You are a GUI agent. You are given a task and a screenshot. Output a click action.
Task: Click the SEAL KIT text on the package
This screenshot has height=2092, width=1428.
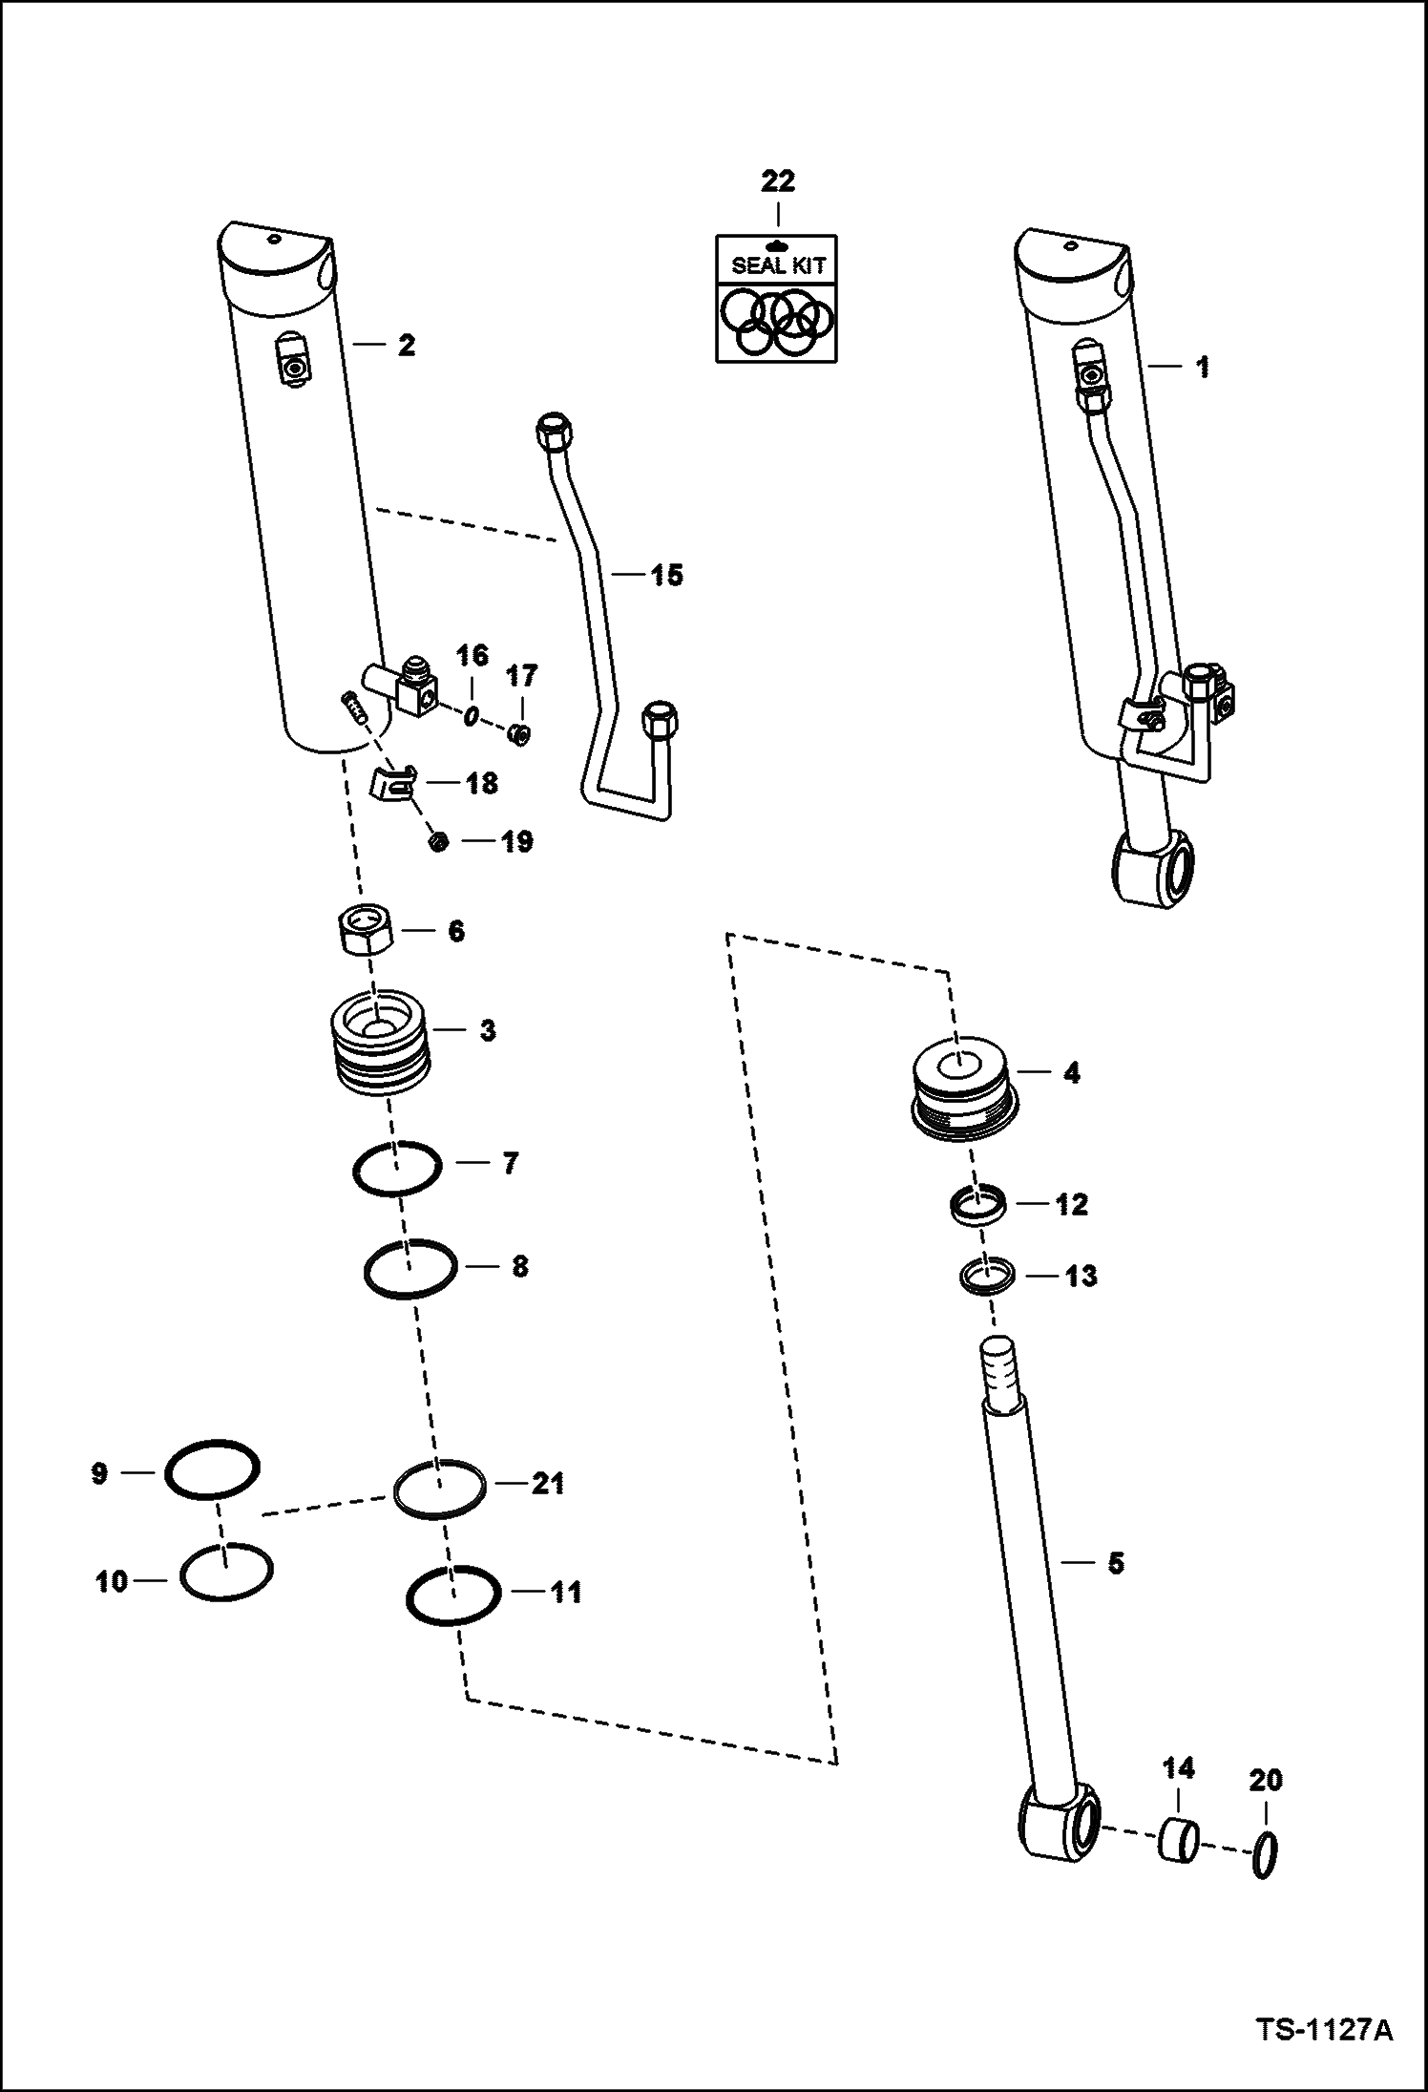[777, 265]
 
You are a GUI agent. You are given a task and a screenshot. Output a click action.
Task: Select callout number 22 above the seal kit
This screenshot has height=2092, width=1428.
[778, 180]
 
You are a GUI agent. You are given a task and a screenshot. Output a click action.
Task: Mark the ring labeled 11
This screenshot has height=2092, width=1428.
[453, 1595]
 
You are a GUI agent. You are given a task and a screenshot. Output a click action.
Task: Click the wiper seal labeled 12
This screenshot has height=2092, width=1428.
[979, 1206]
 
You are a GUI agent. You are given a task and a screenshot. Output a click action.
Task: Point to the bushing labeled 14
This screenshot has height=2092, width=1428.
[1179, 1839]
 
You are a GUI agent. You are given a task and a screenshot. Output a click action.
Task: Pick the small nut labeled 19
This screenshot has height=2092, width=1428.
[439, 841]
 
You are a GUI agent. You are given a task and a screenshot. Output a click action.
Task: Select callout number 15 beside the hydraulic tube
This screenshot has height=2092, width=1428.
[666, 575]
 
